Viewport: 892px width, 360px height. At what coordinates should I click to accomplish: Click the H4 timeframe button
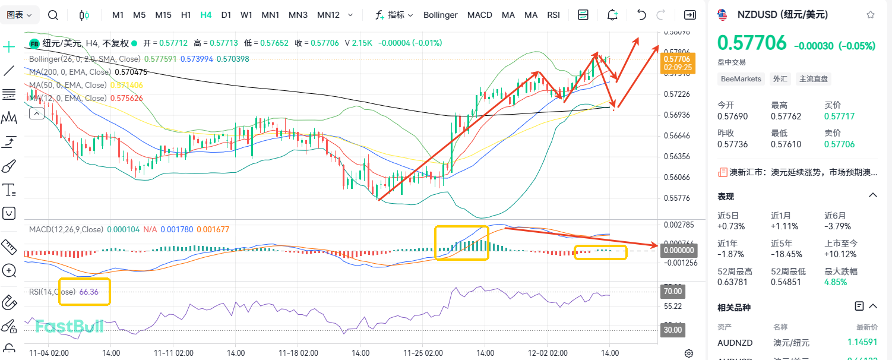tap(206, 15)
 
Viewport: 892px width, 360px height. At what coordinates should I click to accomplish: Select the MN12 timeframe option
tap(328, 15)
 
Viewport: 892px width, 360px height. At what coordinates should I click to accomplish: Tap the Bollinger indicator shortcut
tap(441, 15)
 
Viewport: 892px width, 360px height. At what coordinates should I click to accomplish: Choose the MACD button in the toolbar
tap(479, 15)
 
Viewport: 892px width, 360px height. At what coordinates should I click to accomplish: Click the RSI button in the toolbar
tap(553, 15)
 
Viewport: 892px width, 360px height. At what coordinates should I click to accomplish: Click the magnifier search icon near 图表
tap(53, 15)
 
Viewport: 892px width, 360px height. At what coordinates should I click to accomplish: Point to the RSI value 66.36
tap(88, 292)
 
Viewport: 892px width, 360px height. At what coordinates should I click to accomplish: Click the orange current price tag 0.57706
tap(677, 59)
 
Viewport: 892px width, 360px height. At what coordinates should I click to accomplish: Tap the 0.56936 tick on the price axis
tap(677, 115)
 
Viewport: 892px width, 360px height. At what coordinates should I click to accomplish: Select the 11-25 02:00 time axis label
tap(423, 353)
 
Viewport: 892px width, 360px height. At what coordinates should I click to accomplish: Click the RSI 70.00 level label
tap(672, 292)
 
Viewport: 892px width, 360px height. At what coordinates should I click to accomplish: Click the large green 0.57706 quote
tap(752, 43)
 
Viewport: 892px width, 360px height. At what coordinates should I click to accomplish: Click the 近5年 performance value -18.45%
tap(786, 254)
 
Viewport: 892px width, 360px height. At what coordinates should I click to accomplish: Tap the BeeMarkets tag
tap(741, 78)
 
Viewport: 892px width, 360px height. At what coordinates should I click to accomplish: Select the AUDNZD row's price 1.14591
tap(862, 342)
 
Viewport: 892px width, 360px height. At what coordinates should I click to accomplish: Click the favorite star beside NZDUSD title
tap(870, 15)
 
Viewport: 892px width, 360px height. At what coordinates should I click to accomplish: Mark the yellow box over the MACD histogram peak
tap(461, 242)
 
